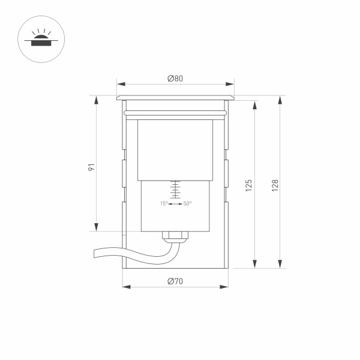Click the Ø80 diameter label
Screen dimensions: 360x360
coord(175,79)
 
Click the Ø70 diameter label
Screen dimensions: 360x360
coord(175,281)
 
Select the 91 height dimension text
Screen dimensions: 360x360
coord(91,167)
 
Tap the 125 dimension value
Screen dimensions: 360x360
coord(248,185)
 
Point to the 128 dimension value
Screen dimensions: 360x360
coord(274,185)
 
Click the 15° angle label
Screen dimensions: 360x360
coord(163,204)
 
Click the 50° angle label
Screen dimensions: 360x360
coord(187,204)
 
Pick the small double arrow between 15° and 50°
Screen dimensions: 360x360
coord(175,204)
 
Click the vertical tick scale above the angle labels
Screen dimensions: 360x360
coord(175,190)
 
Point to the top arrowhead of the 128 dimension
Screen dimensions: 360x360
coord(280,100)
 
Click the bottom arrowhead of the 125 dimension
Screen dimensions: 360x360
coord(255,263)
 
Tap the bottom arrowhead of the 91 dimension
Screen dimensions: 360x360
coord(96,227)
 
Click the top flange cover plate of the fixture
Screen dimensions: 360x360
coord(175,97)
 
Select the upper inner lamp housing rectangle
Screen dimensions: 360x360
coord(175,150)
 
